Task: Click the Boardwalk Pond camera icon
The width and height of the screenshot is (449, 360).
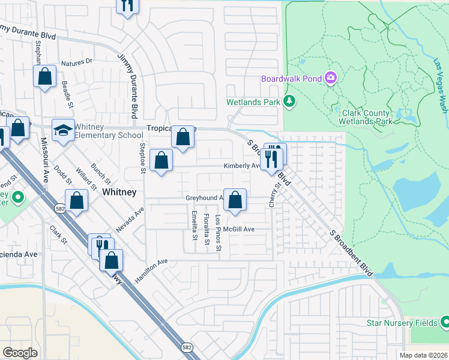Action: point(330,79)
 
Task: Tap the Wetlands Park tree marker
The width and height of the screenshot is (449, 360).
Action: point(290,101)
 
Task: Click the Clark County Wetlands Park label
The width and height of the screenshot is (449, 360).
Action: point(367,116)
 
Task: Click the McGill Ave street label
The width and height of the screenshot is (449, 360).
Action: point(240,229)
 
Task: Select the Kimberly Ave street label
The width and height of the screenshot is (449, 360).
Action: point(241,166)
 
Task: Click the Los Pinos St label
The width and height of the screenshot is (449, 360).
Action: point(218,233)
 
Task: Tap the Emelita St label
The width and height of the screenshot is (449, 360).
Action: point(194,226)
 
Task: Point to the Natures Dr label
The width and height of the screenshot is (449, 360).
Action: point(77,61)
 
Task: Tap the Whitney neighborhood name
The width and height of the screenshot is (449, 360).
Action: point(119,192)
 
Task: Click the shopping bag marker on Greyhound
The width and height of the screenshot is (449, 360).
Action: point(235,199)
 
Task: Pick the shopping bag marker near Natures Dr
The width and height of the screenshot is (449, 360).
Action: point(44,76)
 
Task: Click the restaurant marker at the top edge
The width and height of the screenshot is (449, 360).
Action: point(127,6)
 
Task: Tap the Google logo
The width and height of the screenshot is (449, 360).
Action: point(20,353)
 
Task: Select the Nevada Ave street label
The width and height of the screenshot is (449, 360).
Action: point(131,220)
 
